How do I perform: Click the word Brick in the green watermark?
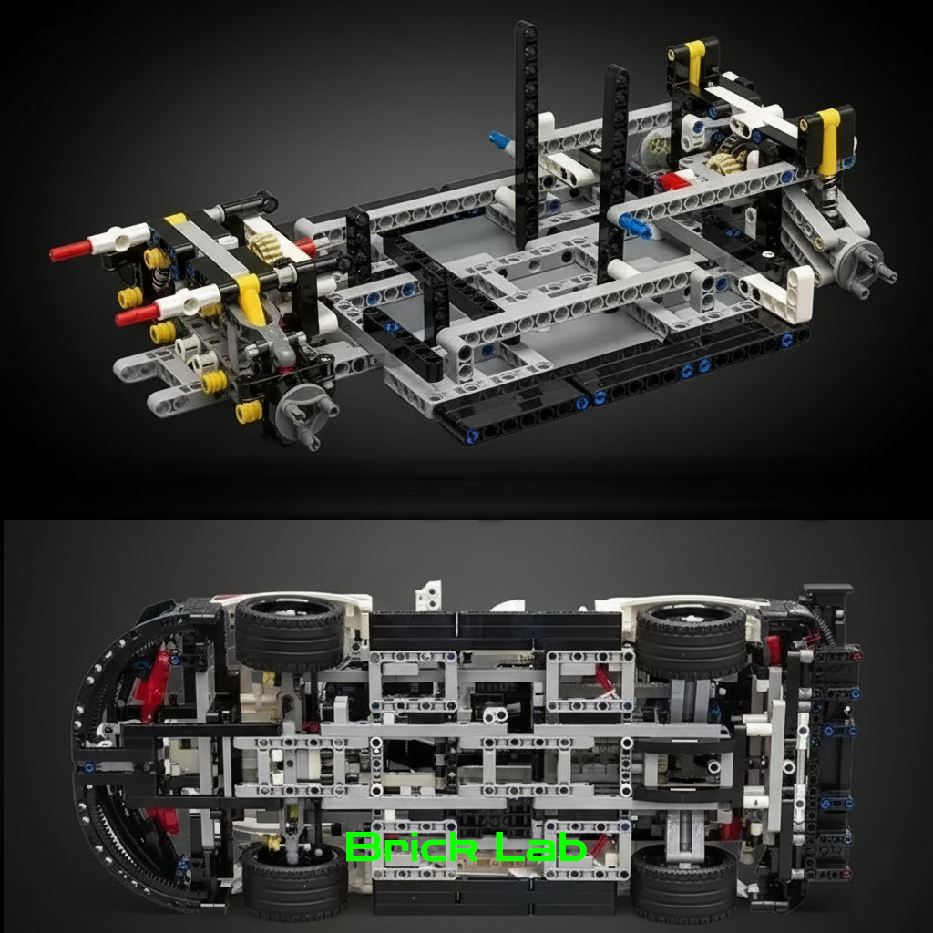click(x=411, y=846)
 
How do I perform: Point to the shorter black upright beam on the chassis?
click(x=614, y=172)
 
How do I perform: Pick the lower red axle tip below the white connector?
click(x=135, y=314)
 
